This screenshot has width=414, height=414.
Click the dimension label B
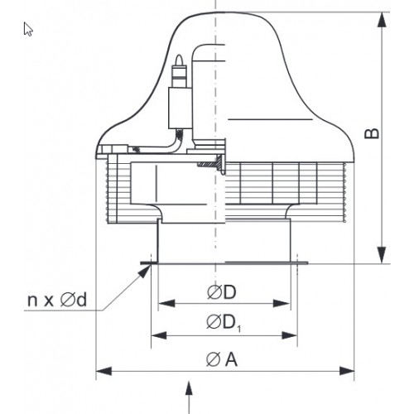372,133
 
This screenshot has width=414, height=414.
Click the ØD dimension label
222,292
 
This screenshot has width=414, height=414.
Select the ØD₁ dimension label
224,323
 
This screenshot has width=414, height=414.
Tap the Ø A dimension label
222,359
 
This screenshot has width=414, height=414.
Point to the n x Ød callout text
57,300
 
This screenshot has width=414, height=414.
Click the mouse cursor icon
28,29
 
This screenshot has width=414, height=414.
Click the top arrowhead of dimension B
382,20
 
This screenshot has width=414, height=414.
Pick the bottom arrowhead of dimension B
382,255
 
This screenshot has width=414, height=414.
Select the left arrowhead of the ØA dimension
103,371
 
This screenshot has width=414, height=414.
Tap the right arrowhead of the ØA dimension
346,371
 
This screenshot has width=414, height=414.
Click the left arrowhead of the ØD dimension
166,303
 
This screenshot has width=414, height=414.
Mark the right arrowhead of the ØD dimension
282,303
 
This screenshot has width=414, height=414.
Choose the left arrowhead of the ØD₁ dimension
159,335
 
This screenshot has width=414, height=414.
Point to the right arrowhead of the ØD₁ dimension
289,335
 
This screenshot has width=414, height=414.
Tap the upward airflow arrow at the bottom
189,397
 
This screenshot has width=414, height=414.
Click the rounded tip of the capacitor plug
180,59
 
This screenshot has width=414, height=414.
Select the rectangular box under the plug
181,108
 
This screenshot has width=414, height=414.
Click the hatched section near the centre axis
210,164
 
